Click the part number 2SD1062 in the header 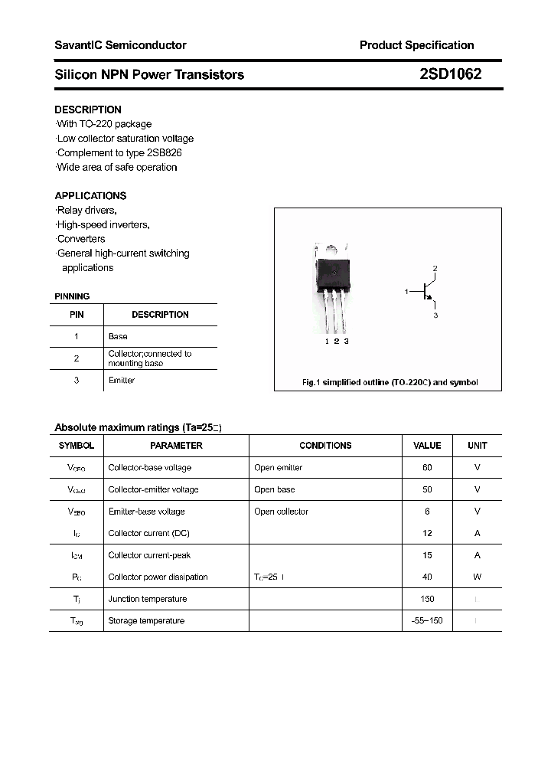click(450, 74)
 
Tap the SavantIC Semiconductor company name click(120, 45)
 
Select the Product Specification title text click(416, 45)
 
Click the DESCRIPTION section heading click(88, 110)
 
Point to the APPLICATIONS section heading click(90, 195)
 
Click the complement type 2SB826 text click(119, 152)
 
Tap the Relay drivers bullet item click(87, 210)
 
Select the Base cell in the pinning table click(118, 336)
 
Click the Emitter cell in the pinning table click(122, 381)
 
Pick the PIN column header click(77, 315)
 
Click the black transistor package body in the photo click(334, 273)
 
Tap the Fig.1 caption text click(390, 382)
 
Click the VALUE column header click(427, 446)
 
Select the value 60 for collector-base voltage click(427, 467)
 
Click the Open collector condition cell click(281, 512)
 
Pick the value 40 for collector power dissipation click(427, 577)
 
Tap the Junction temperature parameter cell click(148, 599)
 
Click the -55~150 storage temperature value click(427, 620)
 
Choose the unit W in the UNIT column click(477, 577)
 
